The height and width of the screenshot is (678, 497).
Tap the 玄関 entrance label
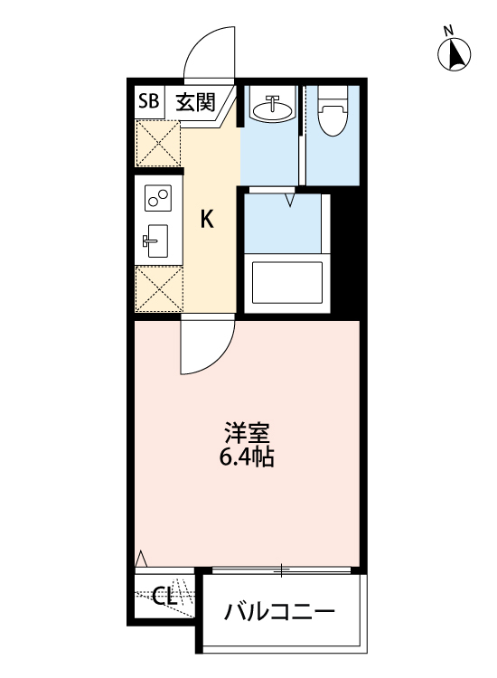195,102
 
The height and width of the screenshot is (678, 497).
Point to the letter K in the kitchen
207,219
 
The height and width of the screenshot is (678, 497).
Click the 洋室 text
247,432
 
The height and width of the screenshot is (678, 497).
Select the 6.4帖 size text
247,457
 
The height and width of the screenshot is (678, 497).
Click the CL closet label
164,598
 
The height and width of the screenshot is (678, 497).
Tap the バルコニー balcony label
279,612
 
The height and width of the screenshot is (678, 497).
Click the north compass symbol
455,54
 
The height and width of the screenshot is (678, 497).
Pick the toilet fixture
333,113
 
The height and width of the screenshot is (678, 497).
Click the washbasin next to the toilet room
272,109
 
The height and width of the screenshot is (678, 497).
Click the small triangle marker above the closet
140,561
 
